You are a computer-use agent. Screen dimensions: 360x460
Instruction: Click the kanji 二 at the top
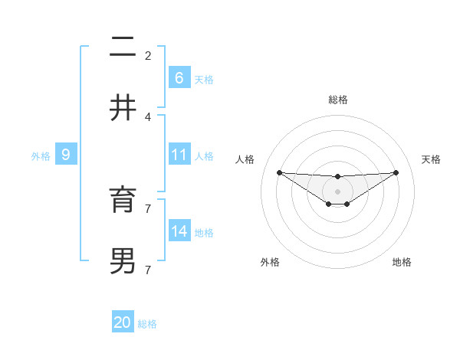coord(123,48)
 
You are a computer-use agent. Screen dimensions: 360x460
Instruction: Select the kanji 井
coord(123,107)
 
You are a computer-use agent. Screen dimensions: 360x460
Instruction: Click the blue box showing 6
coord(179,77)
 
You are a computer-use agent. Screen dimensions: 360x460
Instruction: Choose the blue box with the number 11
coord(179,155)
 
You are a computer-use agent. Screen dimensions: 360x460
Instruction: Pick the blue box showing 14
coord(179,231)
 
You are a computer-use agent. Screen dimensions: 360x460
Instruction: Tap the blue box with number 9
coord(66,155)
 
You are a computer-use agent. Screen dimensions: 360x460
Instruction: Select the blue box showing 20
coord(123,322)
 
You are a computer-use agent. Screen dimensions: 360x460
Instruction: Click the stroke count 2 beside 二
coord(148,55)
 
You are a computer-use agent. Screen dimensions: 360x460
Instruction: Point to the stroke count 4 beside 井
coord(148,117)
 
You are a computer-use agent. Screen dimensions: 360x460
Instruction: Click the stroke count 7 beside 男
coord(148,270)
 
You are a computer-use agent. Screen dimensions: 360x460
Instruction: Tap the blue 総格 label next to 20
coord(147,324)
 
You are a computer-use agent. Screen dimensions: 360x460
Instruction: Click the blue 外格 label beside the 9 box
coord(41,156)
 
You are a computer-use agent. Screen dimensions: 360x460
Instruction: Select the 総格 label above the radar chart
coord(337,100)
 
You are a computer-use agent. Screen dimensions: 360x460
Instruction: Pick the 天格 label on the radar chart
coord(431,159)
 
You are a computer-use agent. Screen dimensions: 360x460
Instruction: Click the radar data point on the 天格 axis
coord(396,172)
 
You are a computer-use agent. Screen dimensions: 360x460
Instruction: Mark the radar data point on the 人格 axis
coord(279,172)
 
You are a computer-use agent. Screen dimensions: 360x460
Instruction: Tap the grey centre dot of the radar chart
coord(337,191)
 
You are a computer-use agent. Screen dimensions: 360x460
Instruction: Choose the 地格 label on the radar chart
coord(402,262)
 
